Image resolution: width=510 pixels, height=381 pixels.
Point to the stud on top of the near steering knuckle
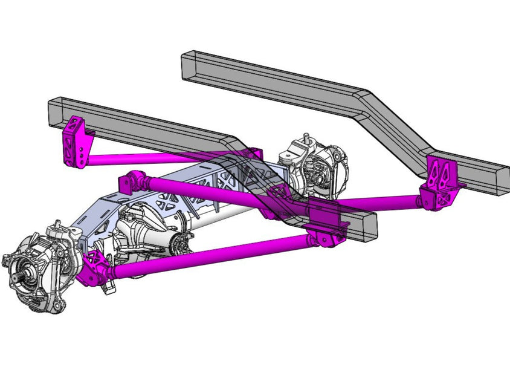point(56,225)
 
